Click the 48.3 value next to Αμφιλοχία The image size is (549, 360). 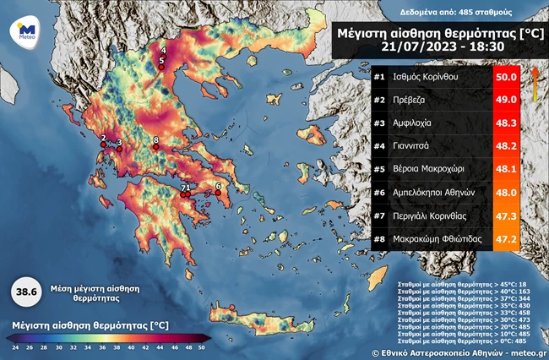[x=506, y=124]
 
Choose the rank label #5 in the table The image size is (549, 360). [x=380, y=170]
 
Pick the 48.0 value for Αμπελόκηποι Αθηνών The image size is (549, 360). [x=506, y=193]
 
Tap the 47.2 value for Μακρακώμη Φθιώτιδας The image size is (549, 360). [x=506, y=239]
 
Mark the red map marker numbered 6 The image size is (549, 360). [x=218, y=194]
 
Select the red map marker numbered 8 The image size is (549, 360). [x=155, y=148]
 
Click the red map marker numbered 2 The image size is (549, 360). [x=103, y=145]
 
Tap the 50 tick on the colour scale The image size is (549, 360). [x=200, y=347]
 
